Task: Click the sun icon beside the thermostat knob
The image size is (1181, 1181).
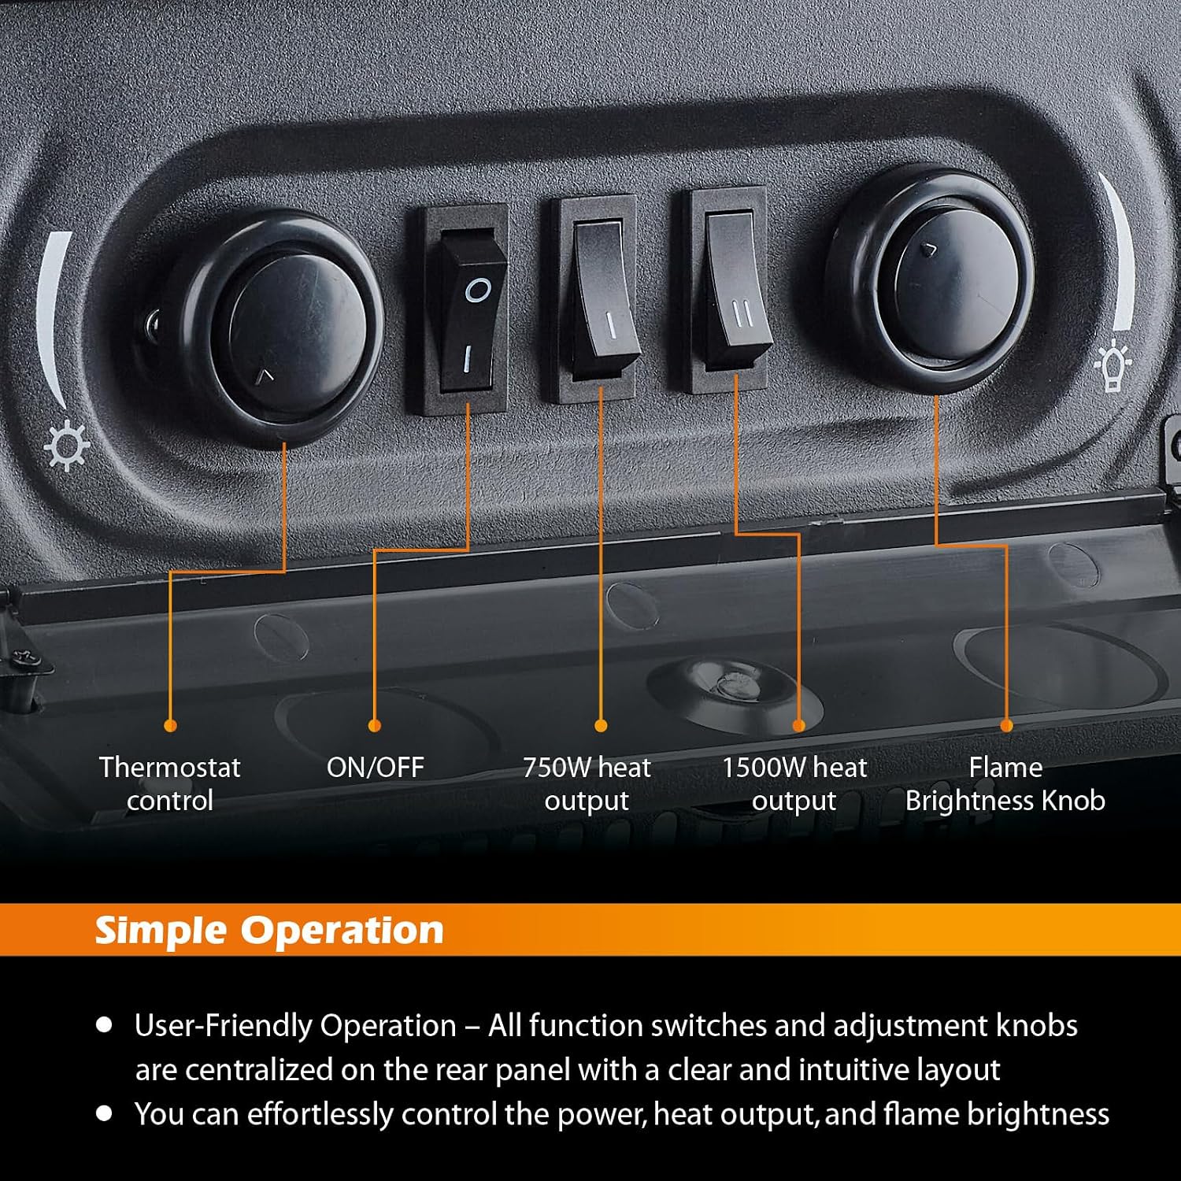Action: click(66, 446)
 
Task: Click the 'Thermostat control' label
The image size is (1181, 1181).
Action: click(170, 783)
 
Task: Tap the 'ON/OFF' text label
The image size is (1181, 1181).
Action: click(376, 767)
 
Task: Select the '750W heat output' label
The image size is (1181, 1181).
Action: click(587, 783)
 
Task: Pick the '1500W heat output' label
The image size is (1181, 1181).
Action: click(794, 783)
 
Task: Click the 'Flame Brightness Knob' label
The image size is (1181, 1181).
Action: click(1005, 783)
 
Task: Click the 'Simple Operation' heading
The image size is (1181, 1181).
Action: click(269, 931)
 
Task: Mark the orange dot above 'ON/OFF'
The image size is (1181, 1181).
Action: click(375, 725)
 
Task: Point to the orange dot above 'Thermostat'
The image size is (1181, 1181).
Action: click(170, 725)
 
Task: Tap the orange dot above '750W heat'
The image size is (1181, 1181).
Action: click(601, 725)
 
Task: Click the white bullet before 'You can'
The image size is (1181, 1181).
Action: click(104, 1113)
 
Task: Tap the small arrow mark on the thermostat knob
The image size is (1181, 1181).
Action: click(266, 376)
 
